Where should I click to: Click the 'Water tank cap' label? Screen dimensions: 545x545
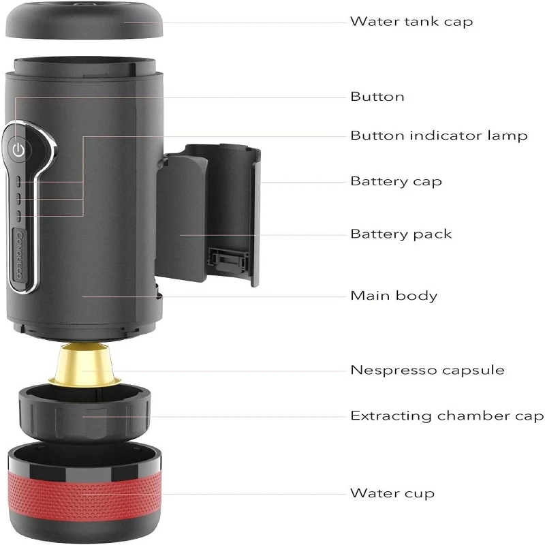[x=411, y=22]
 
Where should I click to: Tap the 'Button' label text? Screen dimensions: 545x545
[x=377, y=97]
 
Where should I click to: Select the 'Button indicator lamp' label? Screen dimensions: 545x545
[x=439, y=135]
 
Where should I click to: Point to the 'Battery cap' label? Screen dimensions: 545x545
[x=396, y=181]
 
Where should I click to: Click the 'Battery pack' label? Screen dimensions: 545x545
[x=401, y=234]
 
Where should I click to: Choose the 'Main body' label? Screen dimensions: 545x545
[x=394, y=296]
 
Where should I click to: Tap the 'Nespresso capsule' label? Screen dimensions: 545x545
[x=428, y=370]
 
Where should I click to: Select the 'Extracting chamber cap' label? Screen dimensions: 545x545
[x=447, y=416]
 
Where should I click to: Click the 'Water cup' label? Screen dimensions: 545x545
[x=392, y=493]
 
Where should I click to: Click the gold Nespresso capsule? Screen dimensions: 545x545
[x=84, y=364]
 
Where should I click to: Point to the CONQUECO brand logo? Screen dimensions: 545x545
[x=20, y=255]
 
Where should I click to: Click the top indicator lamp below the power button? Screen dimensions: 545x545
[x=19, y=181]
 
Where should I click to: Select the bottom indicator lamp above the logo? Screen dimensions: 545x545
[x=19, y=216]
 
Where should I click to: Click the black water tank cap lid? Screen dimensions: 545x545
[x=84, y=20]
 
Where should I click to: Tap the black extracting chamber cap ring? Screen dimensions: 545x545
[x=84, y=414]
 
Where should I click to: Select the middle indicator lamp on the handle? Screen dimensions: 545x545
[x=19, y=198]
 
